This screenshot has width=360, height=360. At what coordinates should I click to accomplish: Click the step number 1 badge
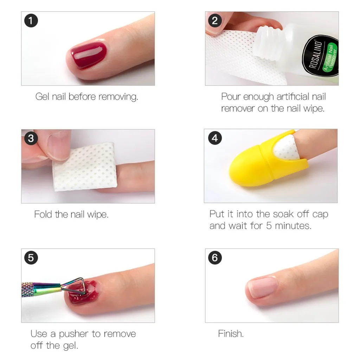tap(31, 21)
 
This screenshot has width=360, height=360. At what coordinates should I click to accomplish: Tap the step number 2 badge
tap(215, 21)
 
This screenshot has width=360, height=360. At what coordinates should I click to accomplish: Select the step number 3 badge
tap(31, 138)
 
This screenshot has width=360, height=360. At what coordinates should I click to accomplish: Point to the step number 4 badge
tap(215, 138)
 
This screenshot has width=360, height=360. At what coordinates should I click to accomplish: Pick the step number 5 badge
tap(31, 258)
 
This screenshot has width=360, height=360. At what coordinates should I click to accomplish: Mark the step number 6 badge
tap(215, 258)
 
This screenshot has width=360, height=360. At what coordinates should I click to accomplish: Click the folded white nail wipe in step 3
tap(84, 166)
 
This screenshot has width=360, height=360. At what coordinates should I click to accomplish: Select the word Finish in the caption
tap(231, 334)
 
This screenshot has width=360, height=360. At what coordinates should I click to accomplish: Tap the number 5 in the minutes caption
tap(269, 226)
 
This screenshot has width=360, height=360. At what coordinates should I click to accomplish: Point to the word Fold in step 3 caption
tap(43, 214)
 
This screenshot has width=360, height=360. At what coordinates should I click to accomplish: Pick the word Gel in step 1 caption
tap(42, 97)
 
